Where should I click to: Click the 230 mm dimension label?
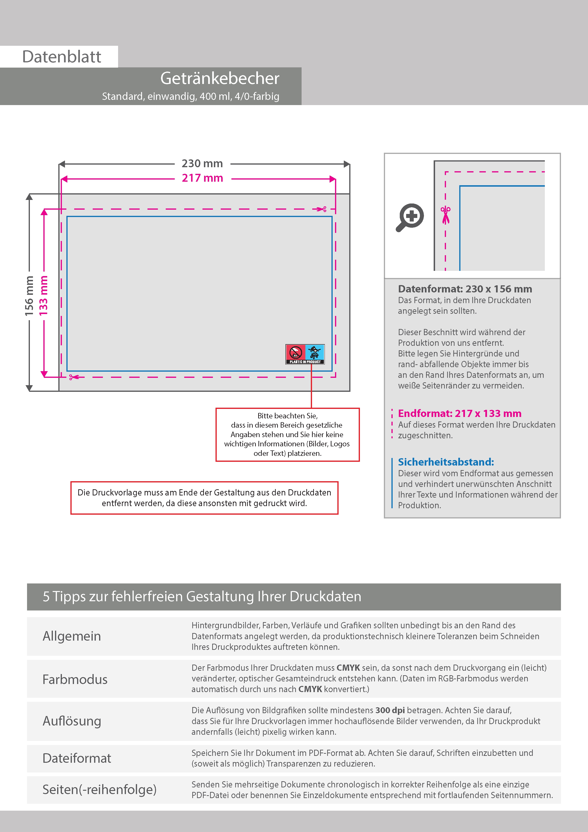pos(202,163)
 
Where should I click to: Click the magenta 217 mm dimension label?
pos(202,178)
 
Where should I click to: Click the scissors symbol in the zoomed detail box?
pos(446,215)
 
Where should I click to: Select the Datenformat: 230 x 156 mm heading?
pos(465,289)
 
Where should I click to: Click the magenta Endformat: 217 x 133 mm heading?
pos(459,413)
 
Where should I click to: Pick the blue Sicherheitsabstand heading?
pos(446,462)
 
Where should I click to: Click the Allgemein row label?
pos(72,636)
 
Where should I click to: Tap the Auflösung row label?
pos(72,721)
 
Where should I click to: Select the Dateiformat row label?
pos(77,758)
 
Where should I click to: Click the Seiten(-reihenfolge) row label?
pos(99,789)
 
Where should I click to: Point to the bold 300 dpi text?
pos(390,710)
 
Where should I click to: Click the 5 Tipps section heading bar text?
pos(202,596)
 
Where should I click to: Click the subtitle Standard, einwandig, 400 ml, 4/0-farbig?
pos(191,96)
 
